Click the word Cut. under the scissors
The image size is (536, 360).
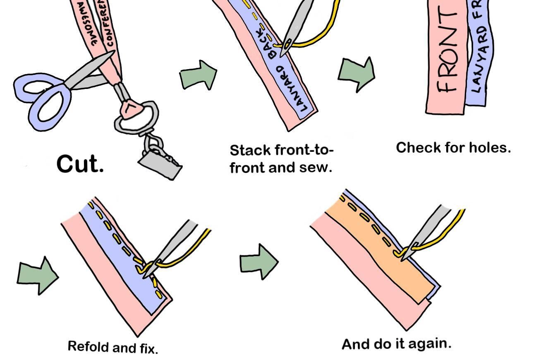[80, 165]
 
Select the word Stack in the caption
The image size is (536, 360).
[247, 150]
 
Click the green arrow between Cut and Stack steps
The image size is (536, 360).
[198, 75]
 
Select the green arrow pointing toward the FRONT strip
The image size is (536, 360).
[357, 73]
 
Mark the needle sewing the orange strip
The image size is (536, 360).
[428, 232]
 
